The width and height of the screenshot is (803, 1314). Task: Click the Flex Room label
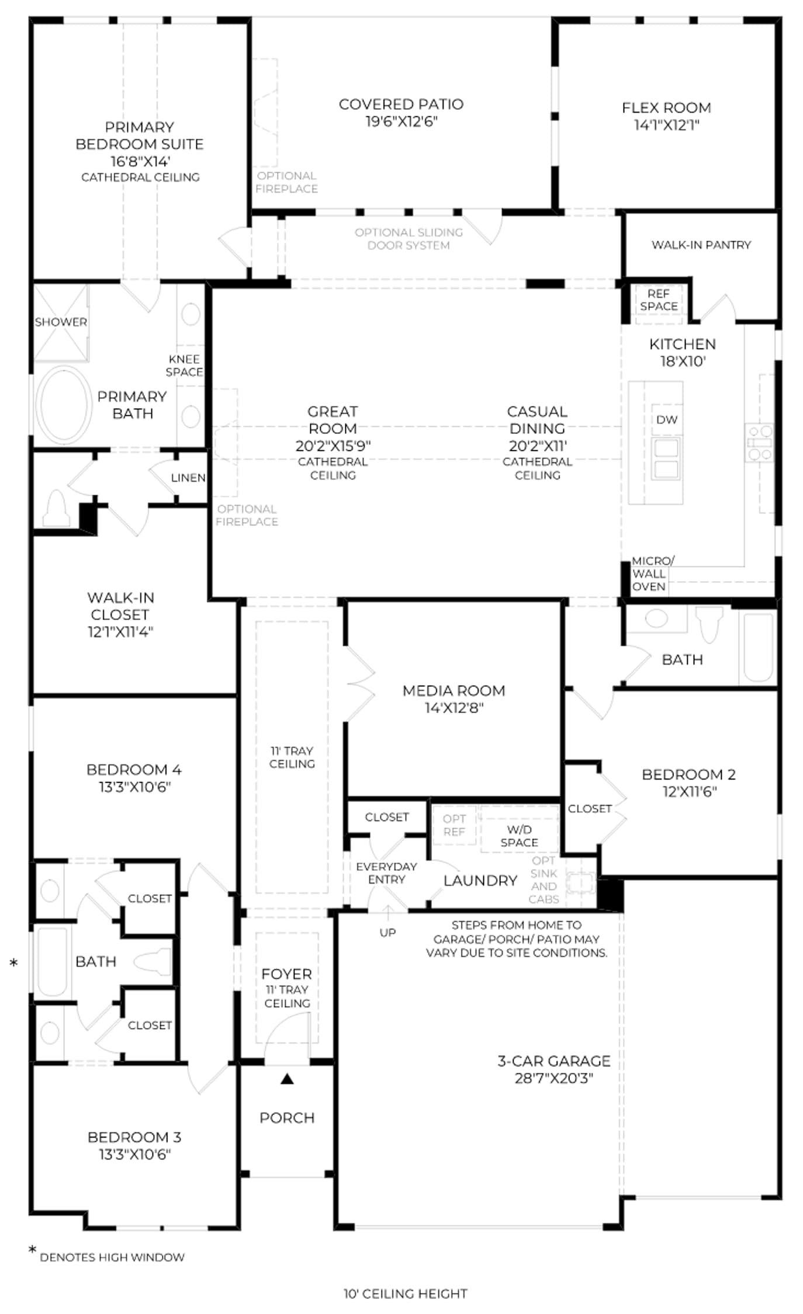point(666,108)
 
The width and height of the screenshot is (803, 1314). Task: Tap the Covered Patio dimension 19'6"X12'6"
point(401,121)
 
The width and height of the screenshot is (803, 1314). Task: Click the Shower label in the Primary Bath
point(61,322)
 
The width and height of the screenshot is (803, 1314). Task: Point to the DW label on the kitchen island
point(667,420)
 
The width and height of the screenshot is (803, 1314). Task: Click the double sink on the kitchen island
point(666,458)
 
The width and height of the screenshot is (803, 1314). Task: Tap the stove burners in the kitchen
point(760,443)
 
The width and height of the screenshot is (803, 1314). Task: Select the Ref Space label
point(659,300)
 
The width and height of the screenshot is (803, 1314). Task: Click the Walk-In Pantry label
point(701,245)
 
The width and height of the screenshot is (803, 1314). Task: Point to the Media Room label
point(454,691)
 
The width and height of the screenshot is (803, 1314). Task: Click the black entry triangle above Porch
point(287,1079)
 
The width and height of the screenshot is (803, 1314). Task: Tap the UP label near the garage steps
point(387,933)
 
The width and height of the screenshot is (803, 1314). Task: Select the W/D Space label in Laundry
point(519,836)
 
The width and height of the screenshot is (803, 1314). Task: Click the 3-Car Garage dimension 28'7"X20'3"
point(554,1078)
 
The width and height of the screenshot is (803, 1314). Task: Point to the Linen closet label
point(188,478)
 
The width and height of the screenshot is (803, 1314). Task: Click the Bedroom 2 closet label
point(590,809)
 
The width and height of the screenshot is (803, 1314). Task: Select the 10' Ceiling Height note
point(406,1294)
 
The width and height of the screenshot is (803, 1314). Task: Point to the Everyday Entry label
point(386,873)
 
